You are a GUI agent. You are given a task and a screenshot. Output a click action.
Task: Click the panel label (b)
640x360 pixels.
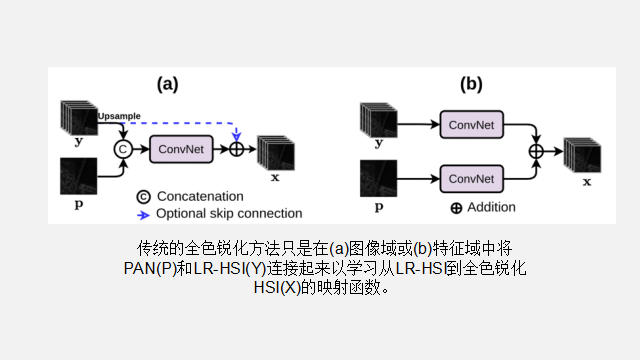click(471, 85)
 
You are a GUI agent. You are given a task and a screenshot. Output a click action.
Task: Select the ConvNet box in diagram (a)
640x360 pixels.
click(181, 149)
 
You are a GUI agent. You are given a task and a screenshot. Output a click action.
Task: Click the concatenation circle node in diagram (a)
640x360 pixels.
click(123, 149)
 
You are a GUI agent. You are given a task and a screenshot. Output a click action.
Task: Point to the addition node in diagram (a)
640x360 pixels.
click(237, 149)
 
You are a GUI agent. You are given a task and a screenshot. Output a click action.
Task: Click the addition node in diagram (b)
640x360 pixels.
click(536, 150)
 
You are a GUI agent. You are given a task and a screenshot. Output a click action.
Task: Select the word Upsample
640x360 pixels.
click(119, 117)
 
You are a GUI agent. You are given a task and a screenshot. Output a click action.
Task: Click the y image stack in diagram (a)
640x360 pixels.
click(77, 116)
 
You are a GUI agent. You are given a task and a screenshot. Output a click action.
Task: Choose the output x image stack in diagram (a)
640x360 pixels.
click(275, 151)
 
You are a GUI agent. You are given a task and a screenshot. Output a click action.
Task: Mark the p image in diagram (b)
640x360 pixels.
click(378, 178)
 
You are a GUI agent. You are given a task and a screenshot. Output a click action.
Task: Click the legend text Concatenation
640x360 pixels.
click(200, 196)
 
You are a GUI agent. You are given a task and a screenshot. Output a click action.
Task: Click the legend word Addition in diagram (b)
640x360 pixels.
click(491, 207)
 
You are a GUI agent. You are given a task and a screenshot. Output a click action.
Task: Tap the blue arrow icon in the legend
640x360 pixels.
click(143, 213)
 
